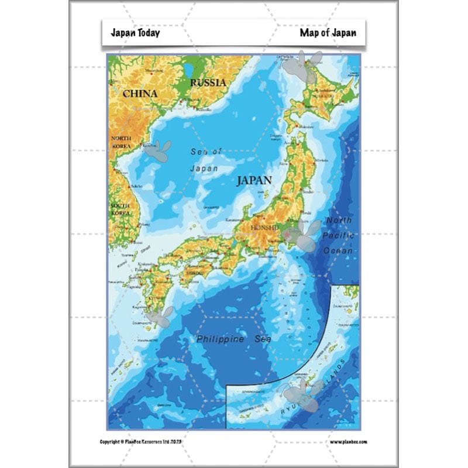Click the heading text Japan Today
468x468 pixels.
[135, 33]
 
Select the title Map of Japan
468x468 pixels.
[328, 33]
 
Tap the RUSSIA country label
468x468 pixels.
[208, 83]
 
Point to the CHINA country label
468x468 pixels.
[140, 94]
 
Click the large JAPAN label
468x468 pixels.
[254, 180]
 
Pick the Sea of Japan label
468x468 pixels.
[205, 160]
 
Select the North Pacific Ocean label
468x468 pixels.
[340, 235]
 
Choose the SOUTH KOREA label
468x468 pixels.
[120, 209]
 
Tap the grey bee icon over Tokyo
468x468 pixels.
[301, 236]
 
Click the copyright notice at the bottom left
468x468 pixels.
[154, 442]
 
